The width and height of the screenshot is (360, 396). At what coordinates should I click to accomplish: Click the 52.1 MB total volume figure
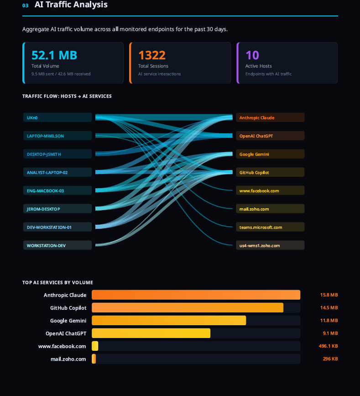(54, 55)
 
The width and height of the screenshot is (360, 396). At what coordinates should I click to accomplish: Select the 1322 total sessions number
(152, 55)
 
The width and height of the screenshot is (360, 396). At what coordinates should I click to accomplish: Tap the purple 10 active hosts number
(252, 55)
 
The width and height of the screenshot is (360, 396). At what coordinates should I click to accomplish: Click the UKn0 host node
(57, 117)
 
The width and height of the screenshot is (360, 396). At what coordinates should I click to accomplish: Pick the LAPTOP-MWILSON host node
(57, 136)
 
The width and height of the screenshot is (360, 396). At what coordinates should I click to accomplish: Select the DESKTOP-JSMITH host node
(57, 154)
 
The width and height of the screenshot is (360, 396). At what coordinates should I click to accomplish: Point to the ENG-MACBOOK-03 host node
(57, 190)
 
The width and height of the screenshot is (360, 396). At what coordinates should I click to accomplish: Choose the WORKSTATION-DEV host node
(57, 245)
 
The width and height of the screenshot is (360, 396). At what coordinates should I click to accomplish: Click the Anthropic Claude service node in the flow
(270, 117)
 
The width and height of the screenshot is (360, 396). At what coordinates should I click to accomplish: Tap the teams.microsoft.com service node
(270, 227)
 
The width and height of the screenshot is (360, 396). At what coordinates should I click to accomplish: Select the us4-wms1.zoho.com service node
(270, 245)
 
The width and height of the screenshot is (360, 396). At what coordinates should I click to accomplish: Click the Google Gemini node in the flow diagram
(270, 154)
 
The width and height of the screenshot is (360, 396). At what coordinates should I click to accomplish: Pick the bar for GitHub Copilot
(188, 308)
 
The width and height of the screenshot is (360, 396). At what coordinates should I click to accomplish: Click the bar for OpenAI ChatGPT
(151, 333)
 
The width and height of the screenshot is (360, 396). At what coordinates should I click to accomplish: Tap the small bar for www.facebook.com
(95, 346)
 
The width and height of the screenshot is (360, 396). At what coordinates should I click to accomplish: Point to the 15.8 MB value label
(329, 295)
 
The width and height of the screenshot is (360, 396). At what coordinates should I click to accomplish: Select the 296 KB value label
(330, 359)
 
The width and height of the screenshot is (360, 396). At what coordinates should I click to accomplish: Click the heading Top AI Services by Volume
(57, 283)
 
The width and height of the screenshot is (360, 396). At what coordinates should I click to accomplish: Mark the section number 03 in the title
(25, 5)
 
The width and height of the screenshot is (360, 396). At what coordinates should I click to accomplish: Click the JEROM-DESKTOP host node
(57, 209)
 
